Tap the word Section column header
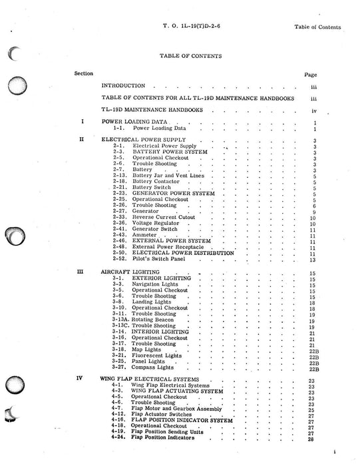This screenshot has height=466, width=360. click(x=83, y=73)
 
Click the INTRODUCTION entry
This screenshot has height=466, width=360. click(x=123, y=86)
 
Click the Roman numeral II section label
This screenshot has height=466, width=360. click(x=81, y=139)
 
